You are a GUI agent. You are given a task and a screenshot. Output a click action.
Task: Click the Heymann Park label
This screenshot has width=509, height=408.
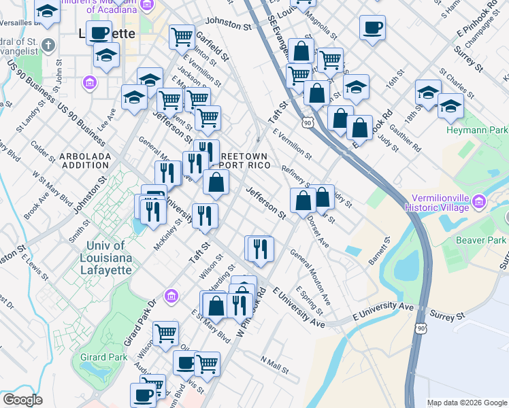(477, 129)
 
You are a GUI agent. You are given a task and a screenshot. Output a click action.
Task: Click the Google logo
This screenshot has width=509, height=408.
(22, 400)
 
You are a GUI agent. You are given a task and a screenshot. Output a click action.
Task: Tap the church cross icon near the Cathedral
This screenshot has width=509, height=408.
(47, 46)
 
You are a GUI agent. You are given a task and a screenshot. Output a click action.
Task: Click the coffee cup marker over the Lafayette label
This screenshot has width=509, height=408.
(99, 33)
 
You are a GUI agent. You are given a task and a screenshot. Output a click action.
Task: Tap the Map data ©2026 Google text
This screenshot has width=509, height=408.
(466, 403)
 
